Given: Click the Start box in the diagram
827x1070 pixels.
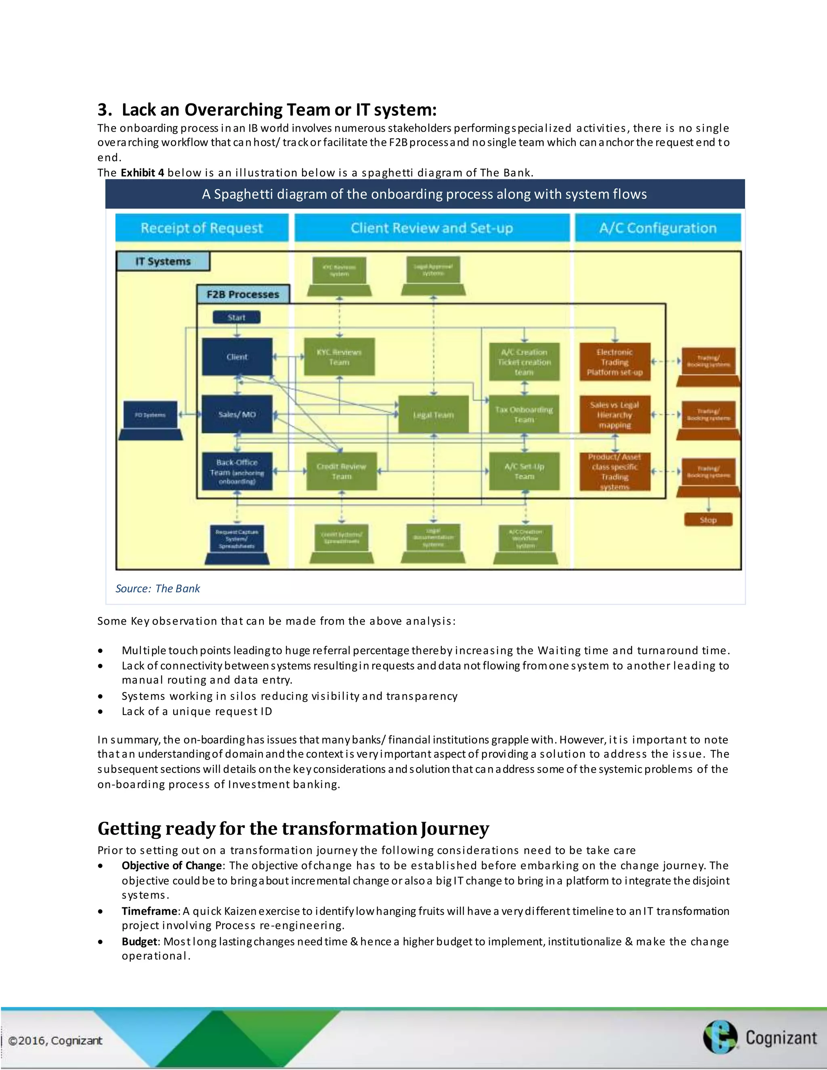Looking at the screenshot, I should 236,317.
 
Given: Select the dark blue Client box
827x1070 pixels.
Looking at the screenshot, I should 237,357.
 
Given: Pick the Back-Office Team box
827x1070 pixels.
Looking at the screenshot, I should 237,471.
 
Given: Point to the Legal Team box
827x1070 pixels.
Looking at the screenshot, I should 433,415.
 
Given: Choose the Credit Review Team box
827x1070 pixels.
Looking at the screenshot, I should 342,471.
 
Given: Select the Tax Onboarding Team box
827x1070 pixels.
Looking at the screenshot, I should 524,415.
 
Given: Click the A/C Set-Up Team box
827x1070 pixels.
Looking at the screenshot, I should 524,471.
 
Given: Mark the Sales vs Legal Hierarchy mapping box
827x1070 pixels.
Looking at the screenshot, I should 615,415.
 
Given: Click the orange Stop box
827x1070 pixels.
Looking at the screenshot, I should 708,520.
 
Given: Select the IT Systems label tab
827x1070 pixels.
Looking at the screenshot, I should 163,261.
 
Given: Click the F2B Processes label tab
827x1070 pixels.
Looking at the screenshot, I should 243,294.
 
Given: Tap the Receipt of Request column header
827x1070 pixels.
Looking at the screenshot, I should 202,228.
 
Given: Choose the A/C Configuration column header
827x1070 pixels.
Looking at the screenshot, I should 657,228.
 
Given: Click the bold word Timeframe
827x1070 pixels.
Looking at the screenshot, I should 149,911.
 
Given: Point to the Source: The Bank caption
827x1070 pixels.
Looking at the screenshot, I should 158,588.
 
